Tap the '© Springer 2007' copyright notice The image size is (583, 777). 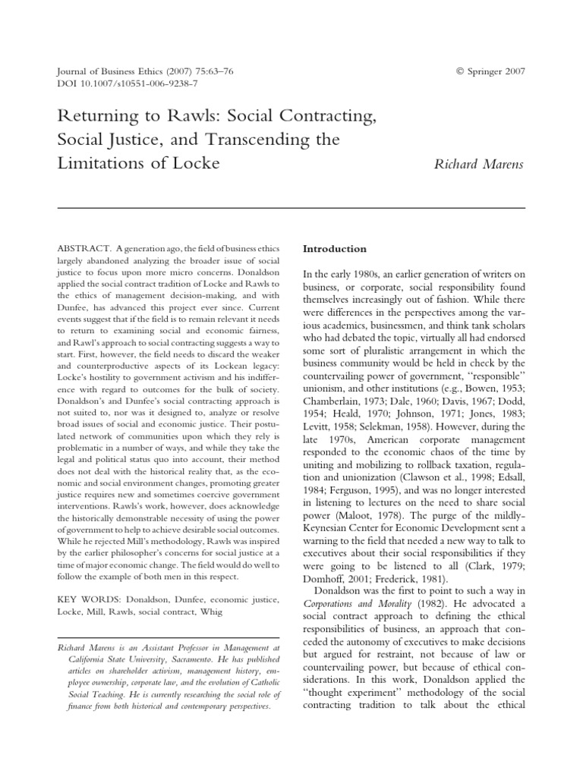pyautogui.click(x=490, y=71)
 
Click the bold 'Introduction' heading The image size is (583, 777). pyautogui.click(x=335, y=248)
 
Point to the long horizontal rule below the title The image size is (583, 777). pyautogui.click(x=291, y=207)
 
